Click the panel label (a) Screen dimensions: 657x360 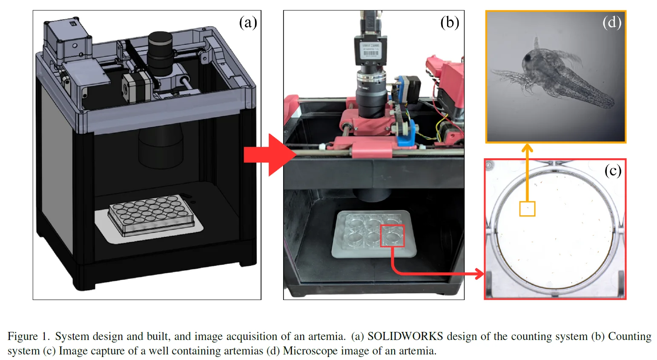(248, 23)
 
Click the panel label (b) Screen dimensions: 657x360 (449, 23)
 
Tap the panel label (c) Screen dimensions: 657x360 (613, 171)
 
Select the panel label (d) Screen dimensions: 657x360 (612, 23)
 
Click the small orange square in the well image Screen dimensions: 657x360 (527, 209)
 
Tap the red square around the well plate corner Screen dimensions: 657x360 (393, 236)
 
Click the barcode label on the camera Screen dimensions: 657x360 (370, 50)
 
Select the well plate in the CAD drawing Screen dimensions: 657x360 (151, 215)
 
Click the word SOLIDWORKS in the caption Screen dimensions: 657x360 (405, 336)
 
